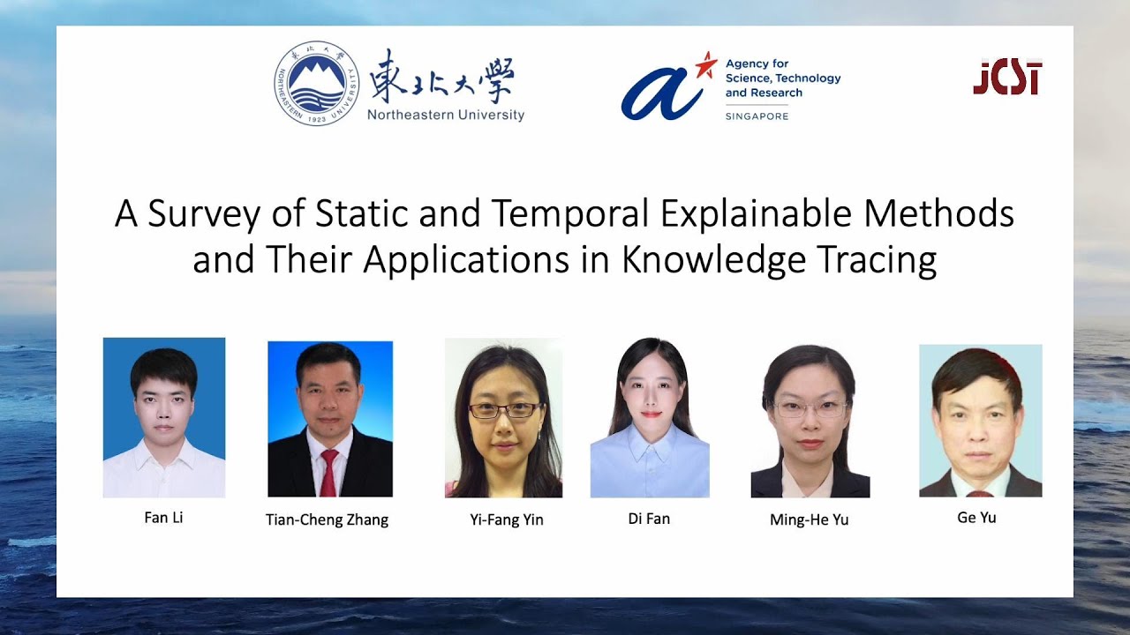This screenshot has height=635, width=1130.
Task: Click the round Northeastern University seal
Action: (x=317, y=83)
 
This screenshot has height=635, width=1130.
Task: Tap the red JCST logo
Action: (x=1007, y=78)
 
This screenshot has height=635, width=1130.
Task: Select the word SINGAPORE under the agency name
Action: (x=757, y=116)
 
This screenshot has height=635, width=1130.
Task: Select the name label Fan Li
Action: (x=163, y=518)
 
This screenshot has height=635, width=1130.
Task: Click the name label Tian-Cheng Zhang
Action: (x=327, y=519)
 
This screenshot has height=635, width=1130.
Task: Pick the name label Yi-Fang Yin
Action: (x=507, y=519)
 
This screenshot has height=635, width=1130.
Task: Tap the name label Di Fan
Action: (x=649, y=519)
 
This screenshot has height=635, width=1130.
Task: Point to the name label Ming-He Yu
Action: (x=809, y=519)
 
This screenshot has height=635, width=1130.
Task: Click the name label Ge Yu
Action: (x=976, y=518)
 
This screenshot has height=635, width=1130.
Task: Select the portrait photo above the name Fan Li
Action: (x=164, y=417)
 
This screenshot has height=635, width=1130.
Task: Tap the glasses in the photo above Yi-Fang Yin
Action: (x=504, y=410)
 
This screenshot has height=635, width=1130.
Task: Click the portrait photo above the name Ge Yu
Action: (x=980, y=421)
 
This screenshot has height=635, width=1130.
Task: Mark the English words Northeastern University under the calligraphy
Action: (x=445, y=115)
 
